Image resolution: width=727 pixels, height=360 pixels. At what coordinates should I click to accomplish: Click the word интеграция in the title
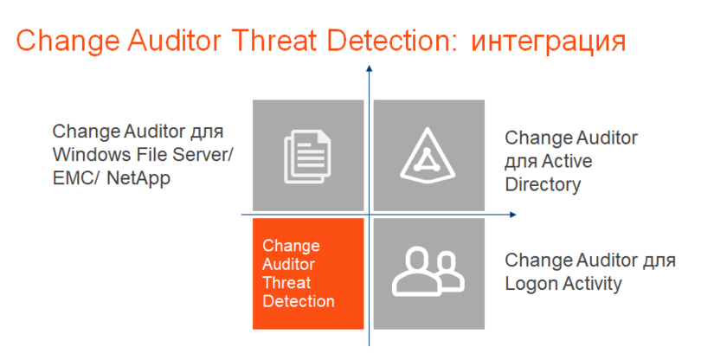point(549,42)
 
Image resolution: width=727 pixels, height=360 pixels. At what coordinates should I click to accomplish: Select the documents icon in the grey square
point(307,155)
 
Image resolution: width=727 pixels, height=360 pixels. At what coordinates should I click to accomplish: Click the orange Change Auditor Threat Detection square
point(308,273)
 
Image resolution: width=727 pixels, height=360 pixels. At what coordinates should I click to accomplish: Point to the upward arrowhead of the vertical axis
point(369,68)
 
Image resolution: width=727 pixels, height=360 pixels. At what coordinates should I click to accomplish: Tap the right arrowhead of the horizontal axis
point(512,215)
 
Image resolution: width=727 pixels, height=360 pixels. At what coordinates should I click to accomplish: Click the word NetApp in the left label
point(138,178)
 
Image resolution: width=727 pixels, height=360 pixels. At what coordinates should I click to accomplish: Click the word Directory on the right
point(543,185)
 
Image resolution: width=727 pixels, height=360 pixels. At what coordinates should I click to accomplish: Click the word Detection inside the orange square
point(299,301)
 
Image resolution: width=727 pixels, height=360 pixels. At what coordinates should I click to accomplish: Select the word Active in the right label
point(568,161)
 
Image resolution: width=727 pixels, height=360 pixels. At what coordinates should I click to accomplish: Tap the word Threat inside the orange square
point(286,283)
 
